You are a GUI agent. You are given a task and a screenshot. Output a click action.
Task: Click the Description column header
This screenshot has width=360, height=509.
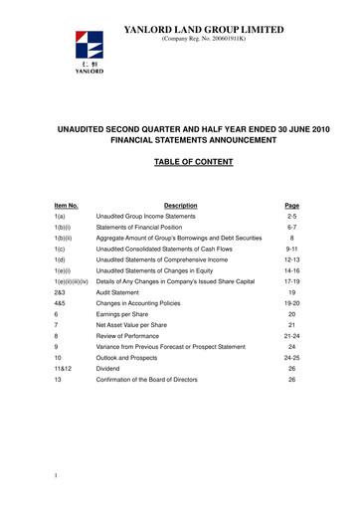click(179, 206)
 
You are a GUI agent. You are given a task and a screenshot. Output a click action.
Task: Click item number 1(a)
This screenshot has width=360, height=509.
click(62, 216)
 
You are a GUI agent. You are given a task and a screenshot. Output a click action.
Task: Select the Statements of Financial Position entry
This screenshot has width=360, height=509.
click(145, 229)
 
